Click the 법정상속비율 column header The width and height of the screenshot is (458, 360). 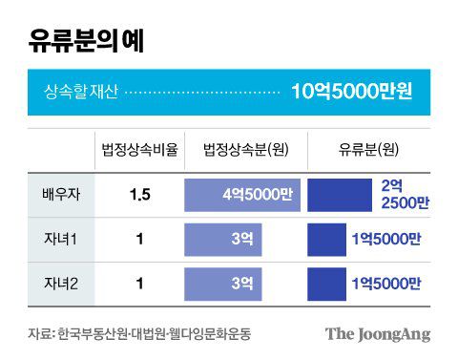[x=139, y=149]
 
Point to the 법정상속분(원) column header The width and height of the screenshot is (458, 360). [x=244, y=149]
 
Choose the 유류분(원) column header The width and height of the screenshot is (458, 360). [x=367, y=149]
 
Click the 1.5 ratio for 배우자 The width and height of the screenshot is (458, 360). [x=139, y=195]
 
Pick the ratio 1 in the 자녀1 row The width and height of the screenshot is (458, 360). [x=139, y=240]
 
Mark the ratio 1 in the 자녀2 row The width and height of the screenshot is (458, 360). [x=139, y=284]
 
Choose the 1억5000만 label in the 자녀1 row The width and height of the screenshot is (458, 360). [x=385, y=240]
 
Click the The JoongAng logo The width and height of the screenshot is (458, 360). [x=378, y=334]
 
